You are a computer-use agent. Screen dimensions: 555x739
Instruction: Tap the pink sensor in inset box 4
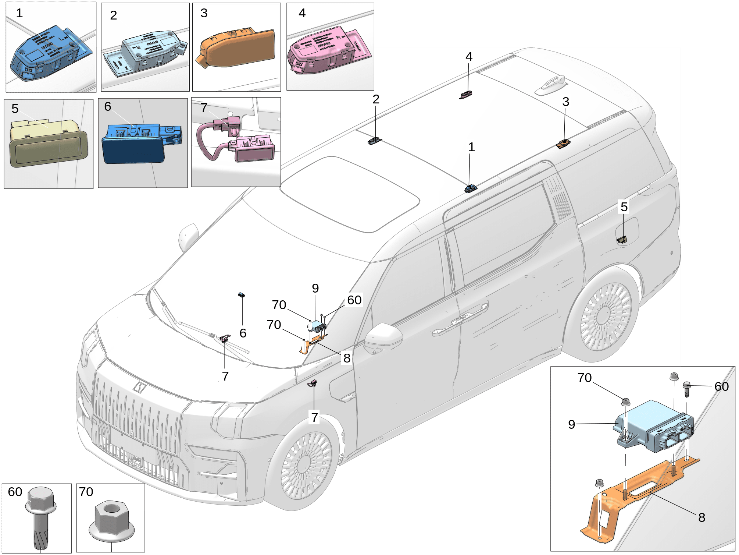click(324, 52)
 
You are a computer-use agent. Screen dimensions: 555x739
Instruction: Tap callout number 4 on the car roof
click(469, 56)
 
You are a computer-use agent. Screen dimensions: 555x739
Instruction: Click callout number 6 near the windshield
click(243, 333)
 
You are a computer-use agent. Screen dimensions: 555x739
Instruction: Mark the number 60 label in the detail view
click(721, 386)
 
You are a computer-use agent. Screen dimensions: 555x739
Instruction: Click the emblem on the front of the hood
click(139, 387)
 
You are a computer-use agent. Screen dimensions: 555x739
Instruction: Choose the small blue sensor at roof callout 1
click(471, 189)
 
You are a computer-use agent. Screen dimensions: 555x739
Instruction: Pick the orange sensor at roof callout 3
click(563, 144)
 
